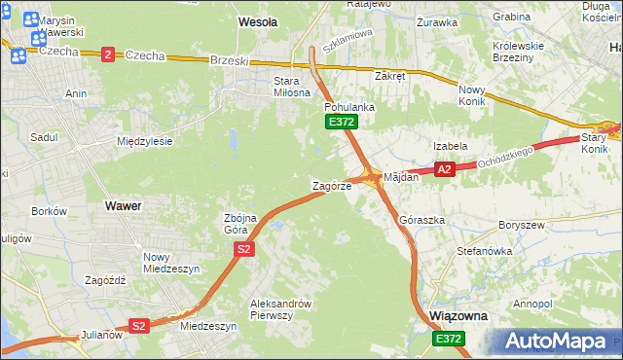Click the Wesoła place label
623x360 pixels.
(258, 20)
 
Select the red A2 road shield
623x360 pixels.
(444, 169)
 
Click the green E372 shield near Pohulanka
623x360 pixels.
(342, 122)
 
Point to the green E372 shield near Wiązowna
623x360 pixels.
(449, 338)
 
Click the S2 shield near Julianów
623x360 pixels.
(139, 326)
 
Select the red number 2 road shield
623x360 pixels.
(107, 54)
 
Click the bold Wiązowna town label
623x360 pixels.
(458, 317)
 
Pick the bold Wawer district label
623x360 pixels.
(123, 206)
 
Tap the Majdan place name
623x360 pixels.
(401, 178)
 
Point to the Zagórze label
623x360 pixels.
(331, 186)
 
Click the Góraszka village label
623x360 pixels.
(421, 221)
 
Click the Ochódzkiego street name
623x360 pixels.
(506, 156)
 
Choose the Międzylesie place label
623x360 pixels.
(144, 141)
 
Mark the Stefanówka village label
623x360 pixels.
(484, 251)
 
